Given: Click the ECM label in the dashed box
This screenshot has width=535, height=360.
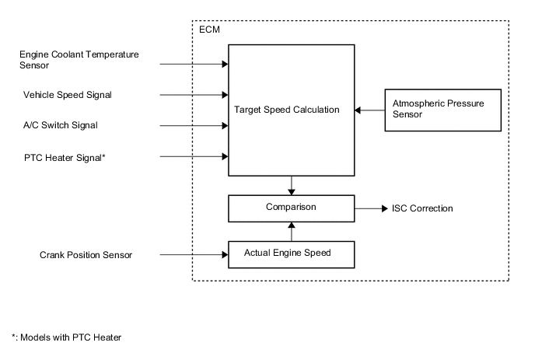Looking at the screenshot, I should click(x=208, y=30).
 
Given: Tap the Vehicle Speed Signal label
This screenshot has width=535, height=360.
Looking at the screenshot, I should click(x=68, y=95).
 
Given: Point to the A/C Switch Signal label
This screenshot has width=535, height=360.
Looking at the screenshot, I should click(x=61, y=125).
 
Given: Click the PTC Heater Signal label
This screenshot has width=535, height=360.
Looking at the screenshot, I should click(x=65, y=157).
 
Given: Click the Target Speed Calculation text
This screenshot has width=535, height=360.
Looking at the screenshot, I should click(x=287, y=110).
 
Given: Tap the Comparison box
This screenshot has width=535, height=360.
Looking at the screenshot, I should click(x=291, y=208).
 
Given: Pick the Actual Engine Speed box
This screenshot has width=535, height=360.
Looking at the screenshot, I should click(x=291, y=254).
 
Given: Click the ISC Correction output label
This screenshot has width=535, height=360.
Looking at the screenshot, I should click(x=422, y=208).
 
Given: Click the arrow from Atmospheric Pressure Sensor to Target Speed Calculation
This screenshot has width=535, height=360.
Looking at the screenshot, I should click(x=369, y=110).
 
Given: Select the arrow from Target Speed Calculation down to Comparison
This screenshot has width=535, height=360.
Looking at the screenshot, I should click(x=291, y=186).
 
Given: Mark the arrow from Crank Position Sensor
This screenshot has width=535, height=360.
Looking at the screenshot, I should click(x=194, y=254).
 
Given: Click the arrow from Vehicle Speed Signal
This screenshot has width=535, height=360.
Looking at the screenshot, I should click(x=194, y=95).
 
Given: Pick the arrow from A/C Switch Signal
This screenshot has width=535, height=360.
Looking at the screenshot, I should click(x=194, y=125).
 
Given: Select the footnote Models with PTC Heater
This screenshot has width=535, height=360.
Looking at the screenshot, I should click(x=66, y=337).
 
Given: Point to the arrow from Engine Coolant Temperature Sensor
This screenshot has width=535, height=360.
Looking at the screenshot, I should click(x=194, y=64).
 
